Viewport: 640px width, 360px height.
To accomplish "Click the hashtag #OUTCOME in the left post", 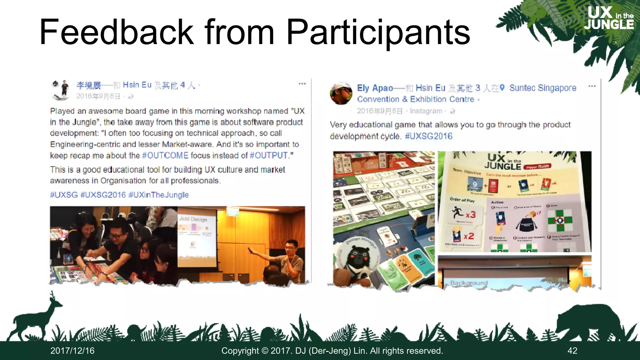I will (x=165, y=155).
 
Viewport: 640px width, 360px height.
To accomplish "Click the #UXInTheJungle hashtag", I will (x=158, y=195).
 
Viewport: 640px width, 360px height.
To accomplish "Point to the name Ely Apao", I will (x=375, y=88).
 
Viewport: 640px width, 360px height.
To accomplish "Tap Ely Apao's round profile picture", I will (x=341, y=94).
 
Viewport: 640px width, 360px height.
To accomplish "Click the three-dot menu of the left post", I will (x=302, y=84).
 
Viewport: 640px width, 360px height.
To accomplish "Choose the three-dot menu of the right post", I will (x=592, y=86).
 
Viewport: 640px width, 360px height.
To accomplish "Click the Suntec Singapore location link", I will (x=542, y=88).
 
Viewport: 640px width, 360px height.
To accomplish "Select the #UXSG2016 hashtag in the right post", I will (x=428, y=136).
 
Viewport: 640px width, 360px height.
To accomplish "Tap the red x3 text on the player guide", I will (x=471, y=215).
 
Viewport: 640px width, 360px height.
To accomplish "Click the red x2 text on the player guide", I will (x=468, y=236).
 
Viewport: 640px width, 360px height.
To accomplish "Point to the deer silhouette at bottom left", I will (x=34, y=319).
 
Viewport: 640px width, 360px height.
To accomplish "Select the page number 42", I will (x=572, y=351).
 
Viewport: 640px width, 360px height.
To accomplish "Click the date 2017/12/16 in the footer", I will (x=72, y=351).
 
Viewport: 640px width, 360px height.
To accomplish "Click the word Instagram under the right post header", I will (x=426, y=111).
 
